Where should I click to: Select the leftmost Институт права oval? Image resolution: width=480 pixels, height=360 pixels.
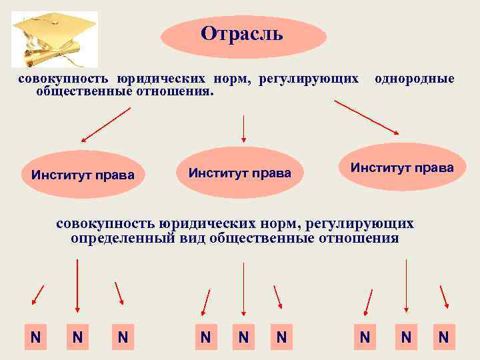tap(83, 175)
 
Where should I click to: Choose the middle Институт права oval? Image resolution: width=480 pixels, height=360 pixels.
tap(240, 173)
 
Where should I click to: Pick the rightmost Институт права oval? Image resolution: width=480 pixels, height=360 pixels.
tap(402, 167)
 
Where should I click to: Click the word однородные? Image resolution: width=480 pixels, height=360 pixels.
tap(415, 79)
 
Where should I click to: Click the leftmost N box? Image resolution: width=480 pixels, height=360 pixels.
tap(35, 337)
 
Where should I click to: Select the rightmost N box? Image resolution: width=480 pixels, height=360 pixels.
tap(443, 337)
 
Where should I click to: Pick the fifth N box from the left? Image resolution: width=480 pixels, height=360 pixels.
tap(243, 337)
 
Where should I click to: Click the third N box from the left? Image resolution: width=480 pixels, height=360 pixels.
tap(123, 337)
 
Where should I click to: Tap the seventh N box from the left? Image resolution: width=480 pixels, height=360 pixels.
tap(365, 337)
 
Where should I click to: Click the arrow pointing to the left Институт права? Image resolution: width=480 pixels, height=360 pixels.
tap(105, 125)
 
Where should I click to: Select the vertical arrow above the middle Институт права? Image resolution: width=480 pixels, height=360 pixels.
tap(244, 129)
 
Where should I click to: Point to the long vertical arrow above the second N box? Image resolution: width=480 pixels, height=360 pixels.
tap(78, 285)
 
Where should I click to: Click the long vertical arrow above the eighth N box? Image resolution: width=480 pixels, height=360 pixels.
tap(406, 285)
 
